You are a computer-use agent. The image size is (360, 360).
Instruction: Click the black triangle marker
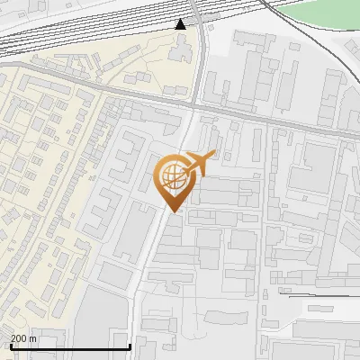181,23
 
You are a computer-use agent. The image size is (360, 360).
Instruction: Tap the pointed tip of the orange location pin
171,211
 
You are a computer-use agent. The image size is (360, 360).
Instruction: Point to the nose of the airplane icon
212,156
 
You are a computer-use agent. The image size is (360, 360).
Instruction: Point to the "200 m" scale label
23,338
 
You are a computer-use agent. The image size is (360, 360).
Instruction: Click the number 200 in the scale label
19,338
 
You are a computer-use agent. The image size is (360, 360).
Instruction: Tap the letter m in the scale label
33,338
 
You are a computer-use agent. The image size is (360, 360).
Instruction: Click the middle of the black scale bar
70,346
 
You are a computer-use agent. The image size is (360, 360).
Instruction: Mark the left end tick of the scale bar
11,345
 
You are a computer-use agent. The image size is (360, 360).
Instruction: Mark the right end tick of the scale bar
130,345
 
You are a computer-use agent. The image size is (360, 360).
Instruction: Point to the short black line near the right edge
315,293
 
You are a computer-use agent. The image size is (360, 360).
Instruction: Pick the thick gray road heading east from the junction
270,118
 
